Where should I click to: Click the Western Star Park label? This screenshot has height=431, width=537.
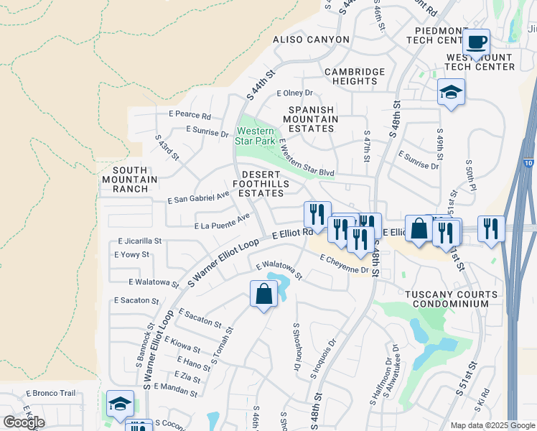click(x=255, y=135)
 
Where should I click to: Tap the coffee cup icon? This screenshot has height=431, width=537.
click(x=476, y=42)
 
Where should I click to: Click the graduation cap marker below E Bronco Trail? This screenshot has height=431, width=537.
click(x=120, y=404)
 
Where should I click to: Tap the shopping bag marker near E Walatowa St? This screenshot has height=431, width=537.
click(x=264, y=294)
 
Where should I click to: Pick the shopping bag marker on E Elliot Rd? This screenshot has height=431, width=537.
click(x=419, y=229)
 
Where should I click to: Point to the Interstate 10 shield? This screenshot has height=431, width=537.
click(x=529, y=164)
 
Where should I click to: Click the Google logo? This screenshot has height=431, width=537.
click(x=24, y=422)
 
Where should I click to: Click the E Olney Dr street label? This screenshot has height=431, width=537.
click(x=295, y=93)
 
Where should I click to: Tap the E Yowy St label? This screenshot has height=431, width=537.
click(x=131, y=254)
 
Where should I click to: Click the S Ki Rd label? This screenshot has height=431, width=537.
click(x=485, y=397)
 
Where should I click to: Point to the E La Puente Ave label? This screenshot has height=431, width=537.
click(x=223, y=221)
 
